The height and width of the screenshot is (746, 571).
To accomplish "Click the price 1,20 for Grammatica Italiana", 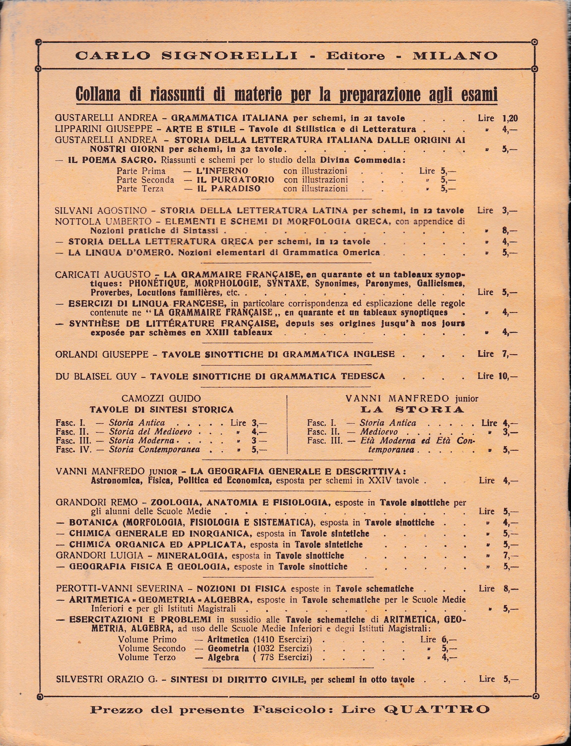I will (x=510, y=118).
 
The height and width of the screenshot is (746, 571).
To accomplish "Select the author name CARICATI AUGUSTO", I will (x=103, y=275).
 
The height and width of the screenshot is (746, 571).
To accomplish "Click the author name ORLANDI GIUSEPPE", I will (x=102, y=354).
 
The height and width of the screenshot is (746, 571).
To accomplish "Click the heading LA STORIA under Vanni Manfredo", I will (x=412, y=409).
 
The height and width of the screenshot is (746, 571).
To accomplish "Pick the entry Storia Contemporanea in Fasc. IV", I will (x=154, y=450).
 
